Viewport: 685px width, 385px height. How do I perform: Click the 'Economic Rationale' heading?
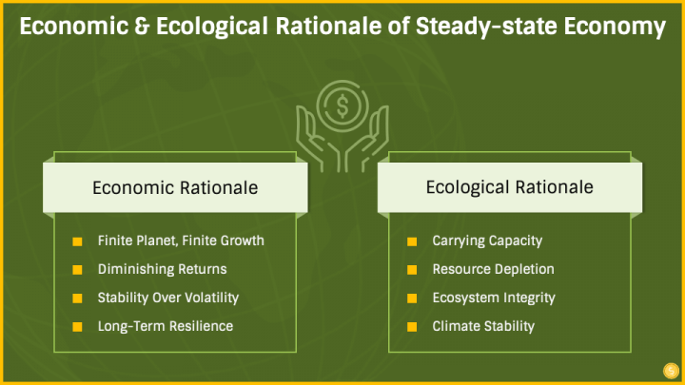click(175, 187)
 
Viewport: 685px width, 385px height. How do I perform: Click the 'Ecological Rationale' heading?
click(509, 187)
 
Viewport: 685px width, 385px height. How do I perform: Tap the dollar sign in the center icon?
click(342, 106)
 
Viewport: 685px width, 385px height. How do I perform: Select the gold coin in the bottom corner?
click(671, 371)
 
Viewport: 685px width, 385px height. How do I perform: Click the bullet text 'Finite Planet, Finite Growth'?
click(181, 241)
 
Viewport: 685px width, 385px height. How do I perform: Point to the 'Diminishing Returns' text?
click(162, 269)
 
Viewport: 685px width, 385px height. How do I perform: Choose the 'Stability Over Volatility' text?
click(168, 298)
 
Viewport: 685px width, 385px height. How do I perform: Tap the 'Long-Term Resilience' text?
click(166, 326)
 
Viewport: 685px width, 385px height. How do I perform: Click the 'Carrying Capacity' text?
click(487, 241)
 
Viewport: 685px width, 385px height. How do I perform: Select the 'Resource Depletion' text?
click(493, 269)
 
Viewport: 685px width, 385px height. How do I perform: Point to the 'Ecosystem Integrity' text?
click(494, 298)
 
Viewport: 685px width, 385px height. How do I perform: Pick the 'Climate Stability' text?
click(483, 326)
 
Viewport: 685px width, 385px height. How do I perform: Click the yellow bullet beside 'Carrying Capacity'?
click(412, 241)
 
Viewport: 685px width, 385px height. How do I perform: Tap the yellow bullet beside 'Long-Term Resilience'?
click(77, 327)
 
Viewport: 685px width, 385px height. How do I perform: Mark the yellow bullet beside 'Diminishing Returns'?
click(77, 270)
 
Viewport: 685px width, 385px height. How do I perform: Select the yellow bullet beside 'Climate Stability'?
click(412, 327)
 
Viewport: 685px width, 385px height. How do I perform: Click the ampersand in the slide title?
click(142, 27)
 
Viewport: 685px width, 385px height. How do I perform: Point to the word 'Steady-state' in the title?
click(486, 27)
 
